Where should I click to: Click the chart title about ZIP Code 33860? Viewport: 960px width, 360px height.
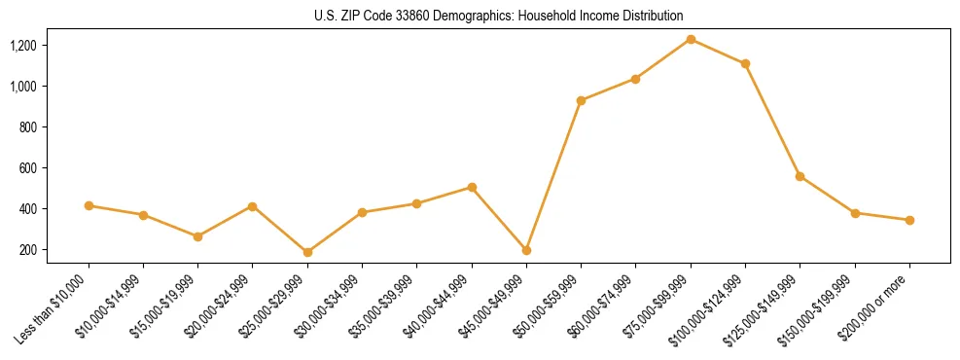coord(499,16)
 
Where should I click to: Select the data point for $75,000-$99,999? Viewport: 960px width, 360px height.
coord(691,39)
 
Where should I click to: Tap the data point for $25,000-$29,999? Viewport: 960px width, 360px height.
coord(307,252)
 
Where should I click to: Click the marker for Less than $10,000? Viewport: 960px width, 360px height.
coord(89,205)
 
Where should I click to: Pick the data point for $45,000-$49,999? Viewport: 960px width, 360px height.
coord(526,250)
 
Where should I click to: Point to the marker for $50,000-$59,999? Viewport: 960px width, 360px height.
coord(581,100)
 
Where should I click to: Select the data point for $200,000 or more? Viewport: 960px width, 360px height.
coord(909,220)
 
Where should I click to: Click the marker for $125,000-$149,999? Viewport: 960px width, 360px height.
coord(800,176)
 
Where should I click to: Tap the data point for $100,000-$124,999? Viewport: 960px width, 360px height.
coord(745,63)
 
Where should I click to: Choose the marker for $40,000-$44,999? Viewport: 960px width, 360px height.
coord(472,187)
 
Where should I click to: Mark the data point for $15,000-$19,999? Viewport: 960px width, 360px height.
coord(197,236)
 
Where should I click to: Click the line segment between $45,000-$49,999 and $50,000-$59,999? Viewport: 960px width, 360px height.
coord(553,175)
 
